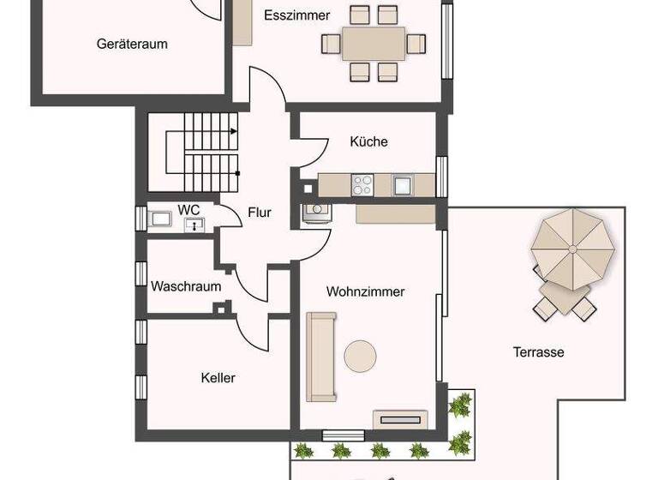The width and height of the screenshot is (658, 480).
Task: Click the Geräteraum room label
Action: [132, 44]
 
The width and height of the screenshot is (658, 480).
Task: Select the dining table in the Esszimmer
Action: [374, 43]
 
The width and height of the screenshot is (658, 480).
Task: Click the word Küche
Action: [368, 141]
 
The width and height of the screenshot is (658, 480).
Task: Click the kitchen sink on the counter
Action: [403, 184]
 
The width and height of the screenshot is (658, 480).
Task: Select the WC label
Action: [188, 209]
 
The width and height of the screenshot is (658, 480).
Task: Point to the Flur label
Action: [260, 213]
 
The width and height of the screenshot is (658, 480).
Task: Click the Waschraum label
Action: [186, 286]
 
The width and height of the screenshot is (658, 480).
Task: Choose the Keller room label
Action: [218, 377]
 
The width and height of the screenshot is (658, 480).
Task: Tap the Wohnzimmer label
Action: [365, 291]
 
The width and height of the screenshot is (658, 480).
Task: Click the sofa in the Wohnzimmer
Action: [321, 357]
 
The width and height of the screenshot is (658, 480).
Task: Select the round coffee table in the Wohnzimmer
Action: [360, 355]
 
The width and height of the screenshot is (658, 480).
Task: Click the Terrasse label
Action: [538, 351]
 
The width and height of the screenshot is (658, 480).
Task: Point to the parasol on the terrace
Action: [572, 249]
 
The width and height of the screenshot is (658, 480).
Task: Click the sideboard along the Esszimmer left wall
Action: [243, 21]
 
